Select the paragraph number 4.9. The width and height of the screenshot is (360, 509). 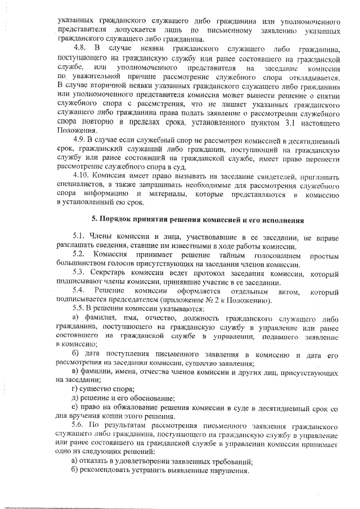point(81,139)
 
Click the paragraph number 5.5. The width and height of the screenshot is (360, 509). point(80,310)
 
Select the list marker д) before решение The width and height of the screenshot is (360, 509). point(76,399)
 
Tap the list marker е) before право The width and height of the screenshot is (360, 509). point(76,408)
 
